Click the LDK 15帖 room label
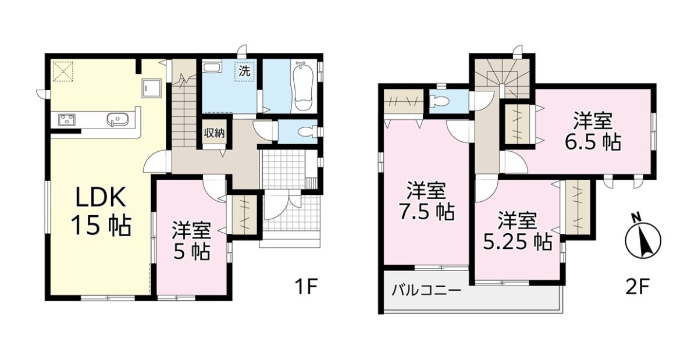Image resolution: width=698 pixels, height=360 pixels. pyautogui.click(x=101, y=211)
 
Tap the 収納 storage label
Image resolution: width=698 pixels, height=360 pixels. pyautogui.click(x=214, y=133)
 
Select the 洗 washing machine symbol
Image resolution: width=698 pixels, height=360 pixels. pyautogui.click(x=244, y=71)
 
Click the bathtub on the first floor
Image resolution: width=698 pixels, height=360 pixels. pyautogui.click(x=303, y=85)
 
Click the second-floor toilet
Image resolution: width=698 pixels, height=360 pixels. pyautogui.click(x=439, y=101)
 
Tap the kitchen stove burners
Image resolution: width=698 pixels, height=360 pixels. pyautogui.click(x=67, y=119)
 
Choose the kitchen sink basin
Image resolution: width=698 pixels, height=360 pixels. pyautogui.click(x=117, y=120)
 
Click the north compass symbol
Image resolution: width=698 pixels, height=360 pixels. pyautogui.click(x=643, y=240)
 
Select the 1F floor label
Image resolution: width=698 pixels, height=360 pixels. pyautogui.click(x=306, y=287)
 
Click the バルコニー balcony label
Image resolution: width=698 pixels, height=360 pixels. pyautogui.click(x=426, y=290)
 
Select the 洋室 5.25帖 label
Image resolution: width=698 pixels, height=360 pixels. pyautogui.click(x=518, y=231)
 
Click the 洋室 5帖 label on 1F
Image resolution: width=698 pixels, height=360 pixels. pyautogui.click(x=191, y=240)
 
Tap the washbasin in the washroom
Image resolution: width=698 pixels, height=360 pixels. pyautogui.click(x=211, y=67)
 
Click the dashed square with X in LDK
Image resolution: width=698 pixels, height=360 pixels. pyautogui.click(x=63, y=72)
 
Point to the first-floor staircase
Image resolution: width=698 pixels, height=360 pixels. pyautogui.click(x=184, y=103)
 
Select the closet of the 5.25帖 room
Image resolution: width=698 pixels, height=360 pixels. pyautogui.click(x=578, y=207)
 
